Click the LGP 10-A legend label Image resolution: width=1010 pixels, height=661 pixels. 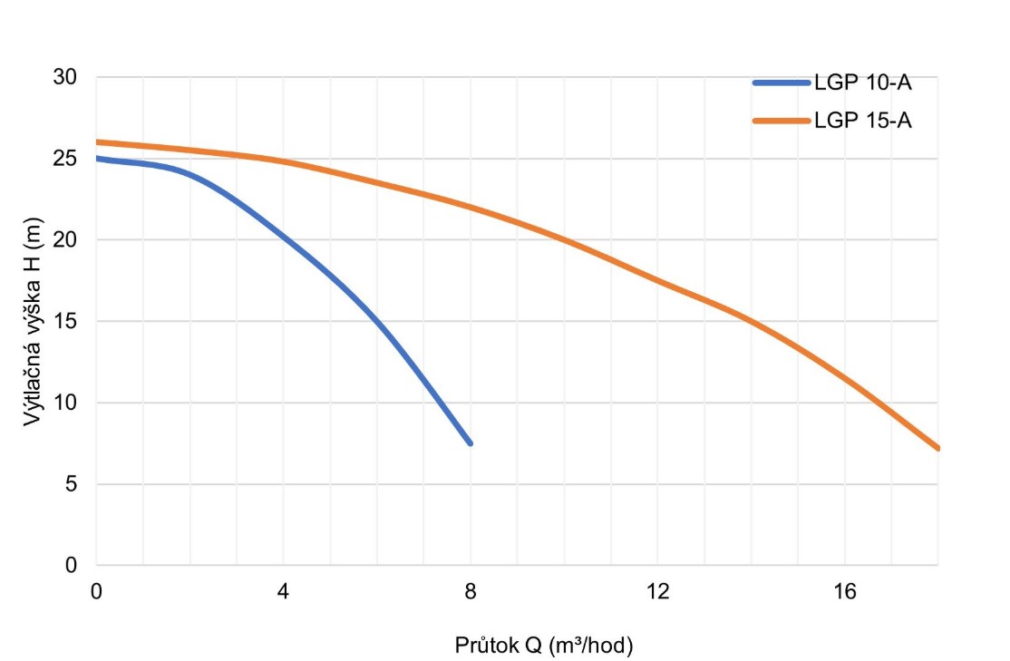click(x=862, y=84)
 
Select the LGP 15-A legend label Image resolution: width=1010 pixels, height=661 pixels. click(x=862, y=121)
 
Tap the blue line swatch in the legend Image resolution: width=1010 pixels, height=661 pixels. click(x=781, y=84)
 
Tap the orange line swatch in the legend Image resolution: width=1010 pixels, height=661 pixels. click(x=781, y=121)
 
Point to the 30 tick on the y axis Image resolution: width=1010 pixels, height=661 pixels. click(x=65, y=77)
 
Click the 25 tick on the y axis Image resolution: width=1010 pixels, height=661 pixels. click(x=65, y=159)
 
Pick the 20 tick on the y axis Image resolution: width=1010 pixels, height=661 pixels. click(x=65, y=240)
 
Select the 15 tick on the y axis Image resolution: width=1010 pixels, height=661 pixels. click(x=65, y=322)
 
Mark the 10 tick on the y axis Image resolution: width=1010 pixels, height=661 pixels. click(x=65, y=403)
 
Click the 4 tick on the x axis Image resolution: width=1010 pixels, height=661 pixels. click(x=283, y=591)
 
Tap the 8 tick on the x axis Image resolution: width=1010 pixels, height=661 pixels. click(x=470, y=591)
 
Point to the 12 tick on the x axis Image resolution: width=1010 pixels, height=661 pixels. click(x=656, y=591)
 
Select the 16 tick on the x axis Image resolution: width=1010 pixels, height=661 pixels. click(x=844, y=591)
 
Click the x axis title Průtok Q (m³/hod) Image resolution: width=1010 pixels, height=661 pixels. click(x=543, y=646)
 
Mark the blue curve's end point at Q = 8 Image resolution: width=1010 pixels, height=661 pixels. click(x=470, y=442)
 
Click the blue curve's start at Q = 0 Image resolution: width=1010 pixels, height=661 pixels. click(x=97, y=159)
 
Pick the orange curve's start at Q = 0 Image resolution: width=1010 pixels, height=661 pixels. click(x=97, y=142)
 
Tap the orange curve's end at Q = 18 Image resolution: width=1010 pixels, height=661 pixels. click(x=937, y=448)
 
